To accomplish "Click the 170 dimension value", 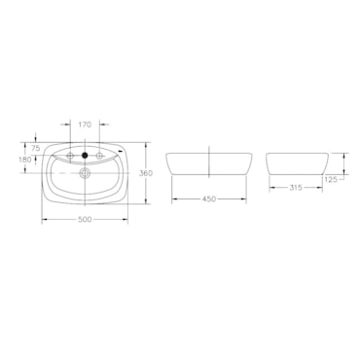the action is coord(85,125).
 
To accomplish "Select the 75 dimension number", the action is coord(36,149).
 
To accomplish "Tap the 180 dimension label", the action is coord(25,160).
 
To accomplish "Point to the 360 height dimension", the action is coord(146,173).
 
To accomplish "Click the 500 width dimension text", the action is coord(85,220).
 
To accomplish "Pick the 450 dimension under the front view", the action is coord(209,199).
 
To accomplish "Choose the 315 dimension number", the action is coord(296,188).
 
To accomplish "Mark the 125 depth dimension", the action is coord(331,179).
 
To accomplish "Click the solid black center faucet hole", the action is coord(85,156).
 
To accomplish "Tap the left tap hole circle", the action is coord(70,156).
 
